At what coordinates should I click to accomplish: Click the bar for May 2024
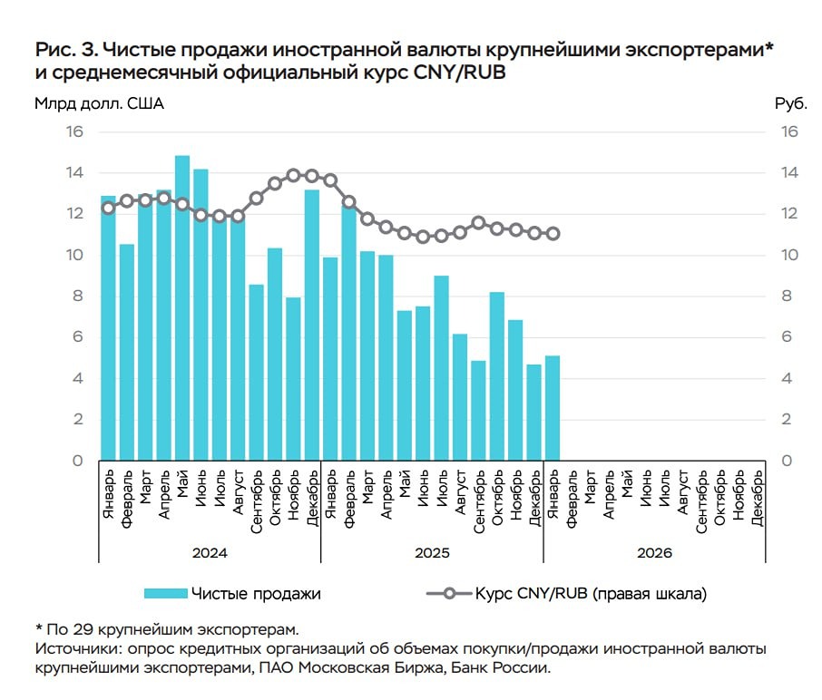[182, 308]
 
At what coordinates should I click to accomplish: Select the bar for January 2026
[552, 408]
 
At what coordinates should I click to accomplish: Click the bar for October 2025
[496, 375]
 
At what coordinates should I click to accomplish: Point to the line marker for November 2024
[293, 175]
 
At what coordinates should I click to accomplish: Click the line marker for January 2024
[108, 208]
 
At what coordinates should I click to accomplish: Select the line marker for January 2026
[553, 233]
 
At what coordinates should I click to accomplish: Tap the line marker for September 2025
[478, 222]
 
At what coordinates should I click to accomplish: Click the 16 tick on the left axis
[73, 131]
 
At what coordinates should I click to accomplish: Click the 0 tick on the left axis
[77, 461]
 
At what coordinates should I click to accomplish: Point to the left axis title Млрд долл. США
[99, 103]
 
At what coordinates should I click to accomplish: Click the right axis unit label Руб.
[790, 103]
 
